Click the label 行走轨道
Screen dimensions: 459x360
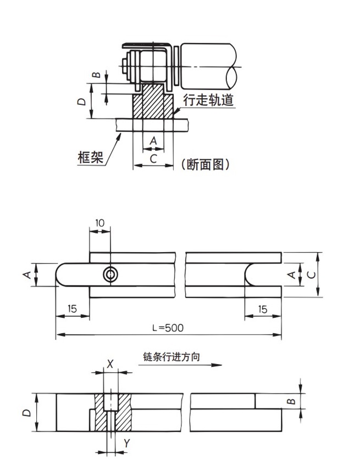click(x=208, y=100)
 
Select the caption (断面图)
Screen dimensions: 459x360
click(x=205, y=164)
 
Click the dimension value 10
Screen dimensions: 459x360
click(x=99, y=223)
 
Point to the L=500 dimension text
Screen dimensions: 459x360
click(x=168, y=328)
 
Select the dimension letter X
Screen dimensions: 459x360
click(x=110, y=363)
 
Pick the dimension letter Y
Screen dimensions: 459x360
click(x=128, y=443)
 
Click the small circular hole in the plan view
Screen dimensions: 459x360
click(x=111, y=275)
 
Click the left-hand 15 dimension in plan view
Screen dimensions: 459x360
click(x=72, y=310)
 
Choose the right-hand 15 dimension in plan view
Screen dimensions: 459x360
click(x=262, y=310)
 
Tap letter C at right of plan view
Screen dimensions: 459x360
click(x=311, y=275)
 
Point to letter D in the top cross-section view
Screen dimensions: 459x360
click(x=80, y=101)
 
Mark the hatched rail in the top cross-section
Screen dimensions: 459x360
click(x=153, y=104)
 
